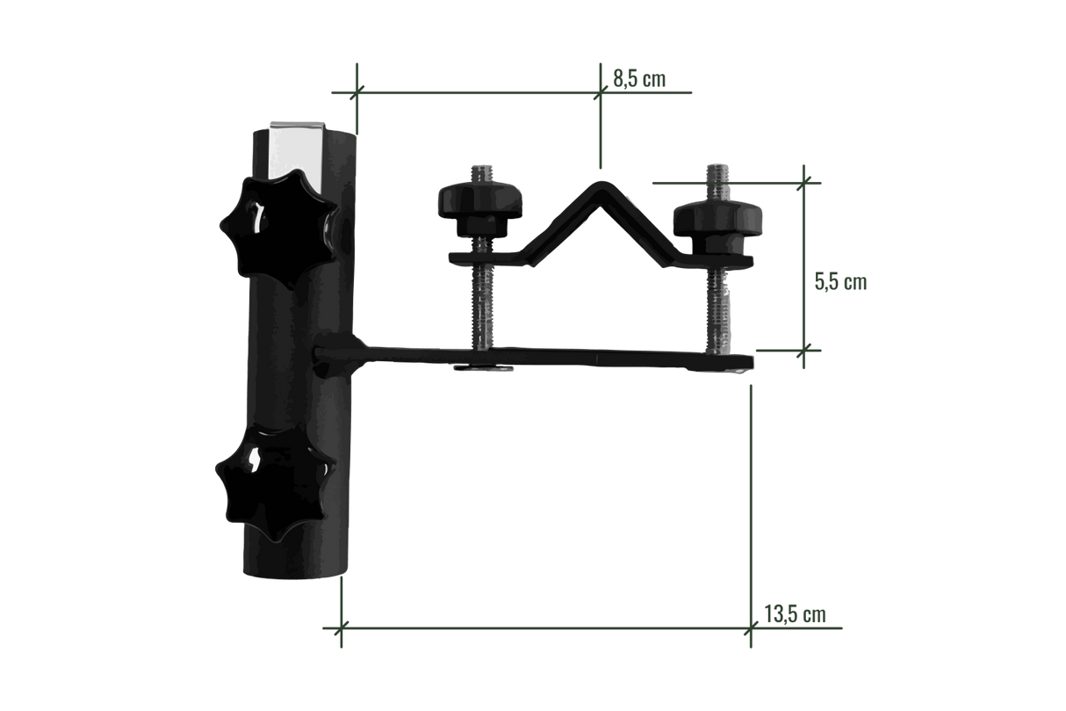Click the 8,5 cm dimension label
click(639, 78)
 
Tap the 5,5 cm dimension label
click(840, 282)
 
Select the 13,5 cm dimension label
click(795, 613)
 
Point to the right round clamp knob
click(717, 228)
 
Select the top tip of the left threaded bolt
click(481, 166)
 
